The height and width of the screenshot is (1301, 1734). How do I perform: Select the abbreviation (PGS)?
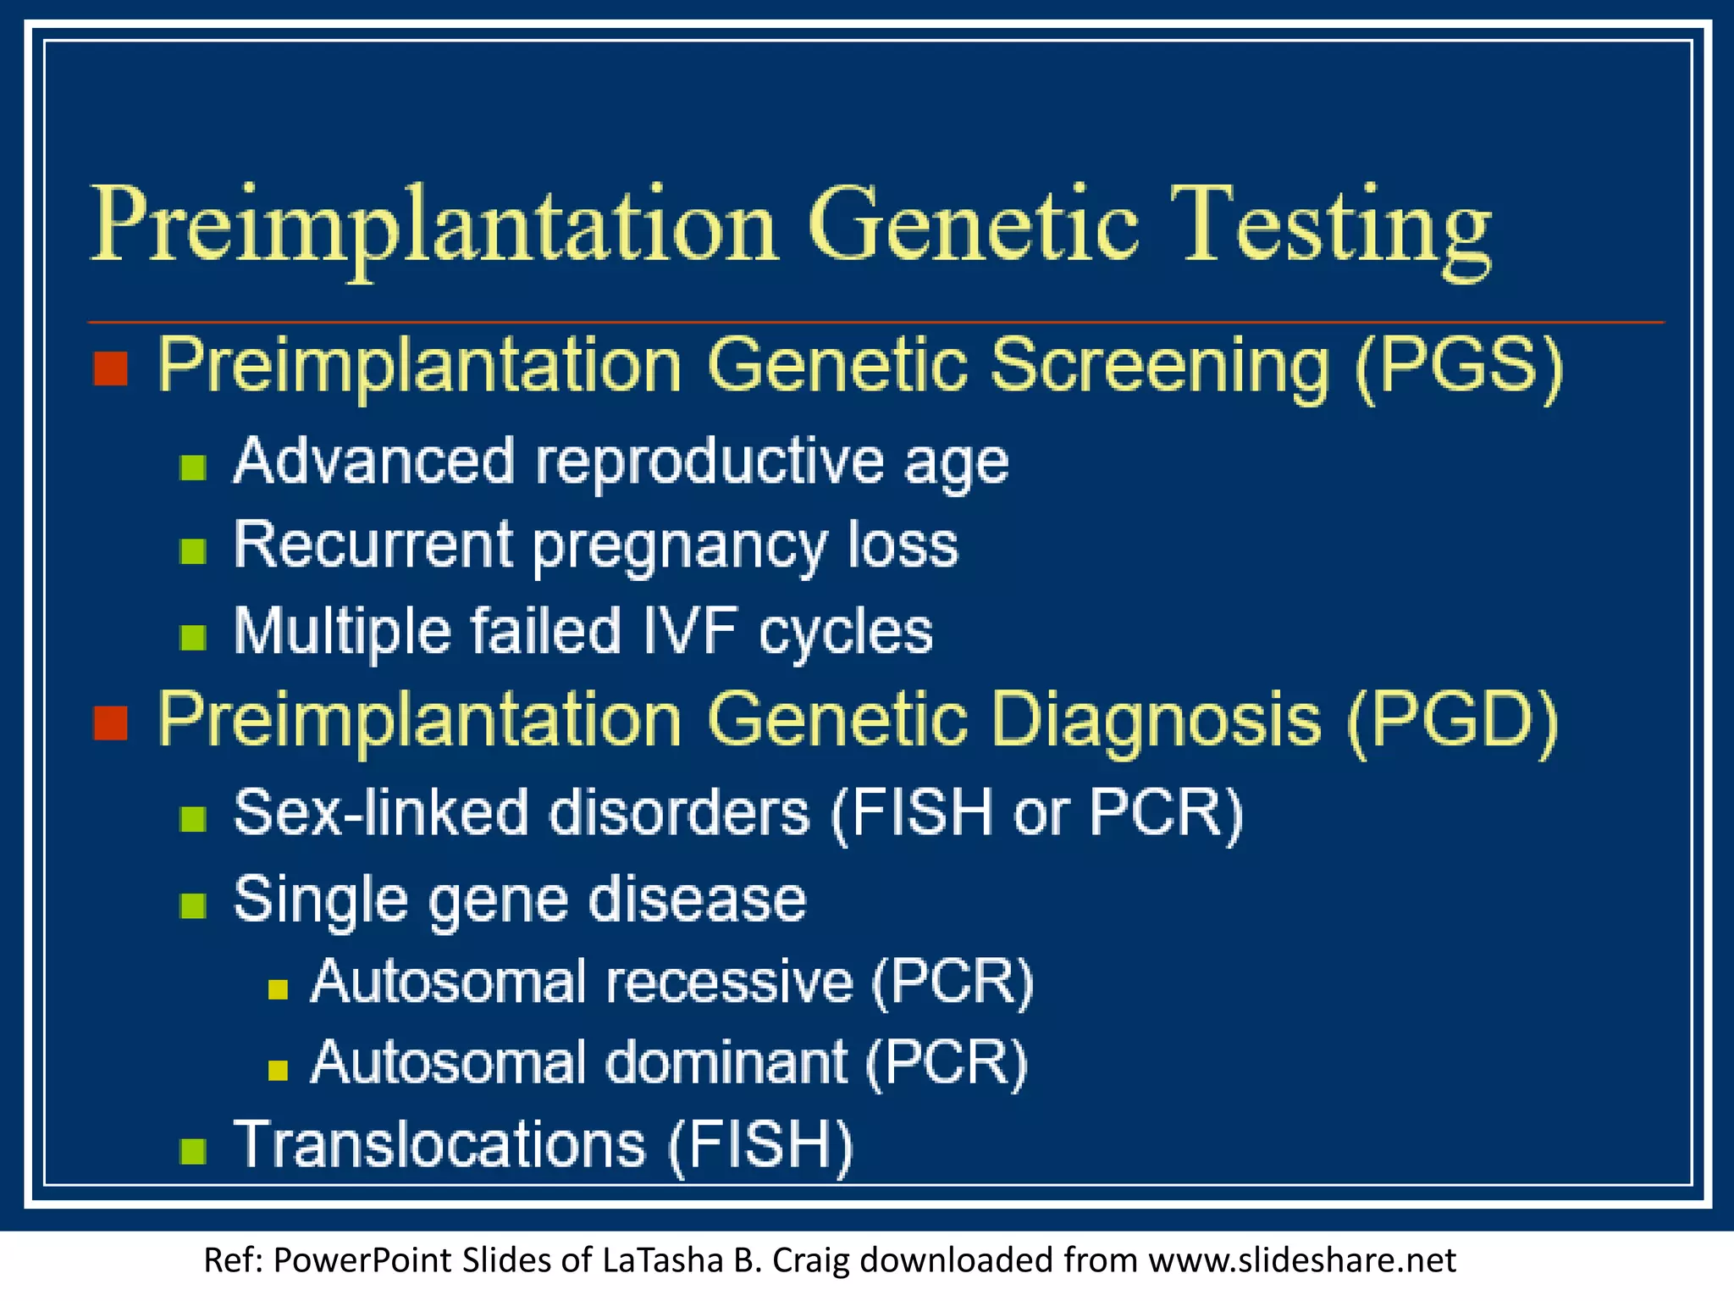coord(1458,366)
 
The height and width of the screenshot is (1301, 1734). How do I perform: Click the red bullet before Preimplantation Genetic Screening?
coord(110,369)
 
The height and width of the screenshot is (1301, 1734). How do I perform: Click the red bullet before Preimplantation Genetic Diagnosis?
coord(110,723)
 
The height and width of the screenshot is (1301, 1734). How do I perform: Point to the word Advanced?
coord(373,462)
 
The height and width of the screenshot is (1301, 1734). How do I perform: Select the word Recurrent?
coord(373,545)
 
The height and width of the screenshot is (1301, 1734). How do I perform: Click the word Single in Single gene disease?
coord(320,900)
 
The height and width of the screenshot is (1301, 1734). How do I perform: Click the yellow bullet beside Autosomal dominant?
coord(278,1071)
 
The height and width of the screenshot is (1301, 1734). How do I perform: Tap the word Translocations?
coord(439,1144)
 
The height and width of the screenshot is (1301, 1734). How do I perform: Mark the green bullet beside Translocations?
coord(194,1151)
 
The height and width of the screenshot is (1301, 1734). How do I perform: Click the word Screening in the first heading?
coord(1160,366)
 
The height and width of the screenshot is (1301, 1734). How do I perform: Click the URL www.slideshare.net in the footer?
coord(1301,1260)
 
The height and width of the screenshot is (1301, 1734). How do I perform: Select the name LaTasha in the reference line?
coord(662,1260)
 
